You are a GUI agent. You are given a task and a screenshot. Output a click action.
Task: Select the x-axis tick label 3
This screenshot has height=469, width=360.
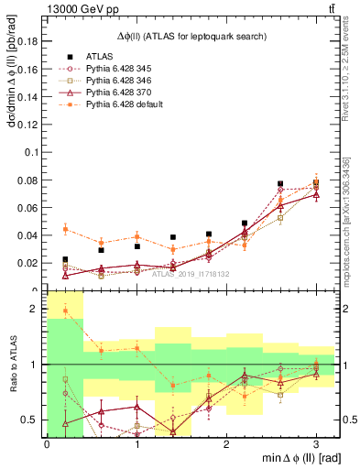316,442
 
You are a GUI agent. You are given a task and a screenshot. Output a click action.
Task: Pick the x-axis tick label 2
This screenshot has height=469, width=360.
226,442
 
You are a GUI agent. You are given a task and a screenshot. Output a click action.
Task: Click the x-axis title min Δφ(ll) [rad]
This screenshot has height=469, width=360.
301,458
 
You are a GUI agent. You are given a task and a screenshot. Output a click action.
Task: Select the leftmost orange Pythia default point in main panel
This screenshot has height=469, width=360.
65,229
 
